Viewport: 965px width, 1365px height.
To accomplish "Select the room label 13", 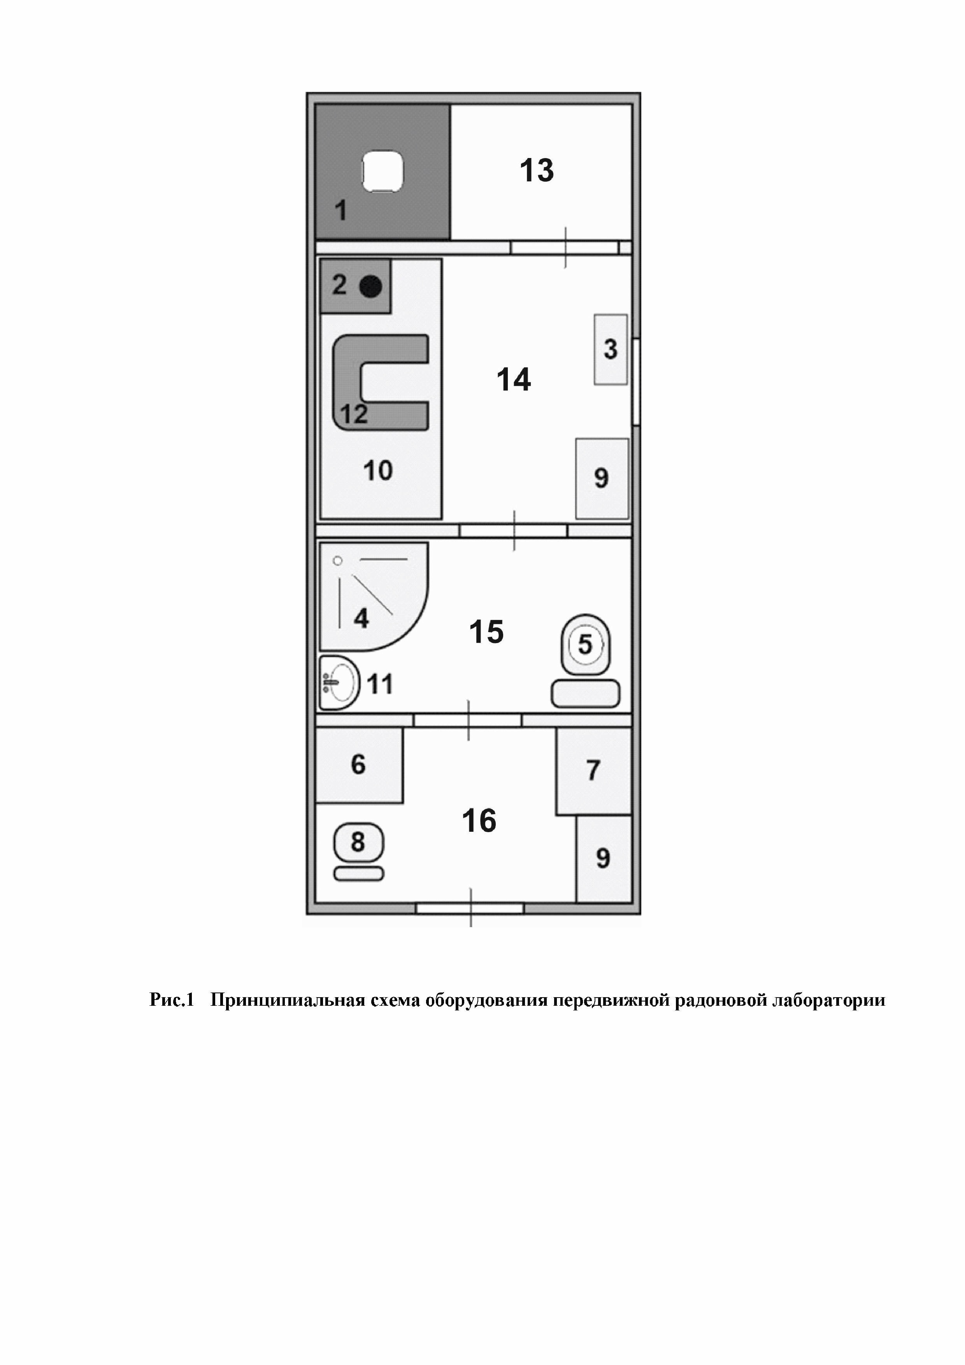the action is (537, 170).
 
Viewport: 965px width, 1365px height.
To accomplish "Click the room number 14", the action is (513, 379).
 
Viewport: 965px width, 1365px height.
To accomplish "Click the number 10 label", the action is (378, 471).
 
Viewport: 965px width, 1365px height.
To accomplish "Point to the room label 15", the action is (486, 631).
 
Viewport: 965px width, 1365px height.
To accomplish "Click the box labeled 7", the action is (593, 771).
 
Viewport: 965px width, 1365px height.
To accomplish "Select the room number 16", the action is (479, 821).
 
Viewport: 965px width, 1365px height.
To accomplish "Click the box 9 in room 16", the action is (603, 859).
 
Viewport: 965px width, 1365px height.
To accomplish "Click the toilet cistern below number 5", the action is (585, 694).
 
